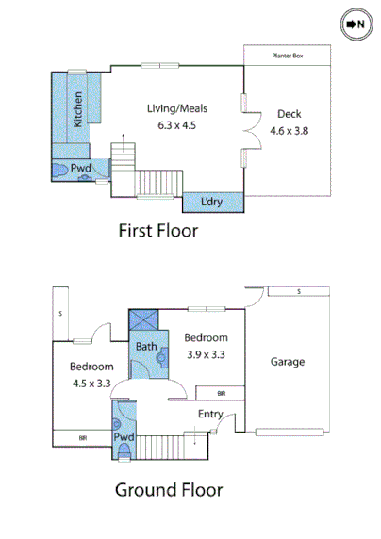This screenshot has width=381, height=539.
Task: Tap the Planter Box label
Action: click(288, 56)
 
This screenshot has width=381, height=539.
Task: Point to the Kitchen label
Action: click(78, 107)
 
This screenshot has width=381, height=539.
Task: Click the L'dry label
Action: click(212, 203)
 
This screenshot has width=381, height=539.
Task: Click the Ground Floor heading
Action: click(169, 490)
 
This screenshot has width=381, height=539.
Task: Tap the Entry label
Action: click(210, 415)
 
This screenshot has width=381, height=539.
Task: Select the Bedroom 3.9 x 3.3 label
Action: click(205, 346)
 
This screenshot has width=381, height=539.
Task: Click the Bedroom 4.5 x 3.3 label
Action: click(91, 374)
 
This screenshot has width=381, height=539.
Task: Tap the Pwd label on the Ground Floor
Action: click(124, 438)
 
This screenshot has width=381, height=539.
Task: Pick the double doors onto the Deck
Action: click(247, 131)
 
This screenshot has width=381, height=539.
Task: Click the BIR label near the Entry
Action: click(222, 393)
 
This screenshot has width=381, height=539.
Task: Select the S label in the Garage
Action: click(298, 292)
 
